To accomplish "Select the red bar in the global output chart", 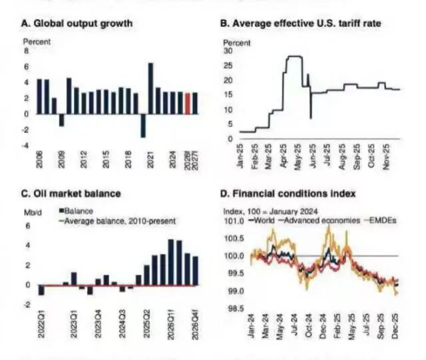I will pos(188,103).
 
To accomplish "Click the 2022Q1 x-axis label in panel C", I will pos(41,321).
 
